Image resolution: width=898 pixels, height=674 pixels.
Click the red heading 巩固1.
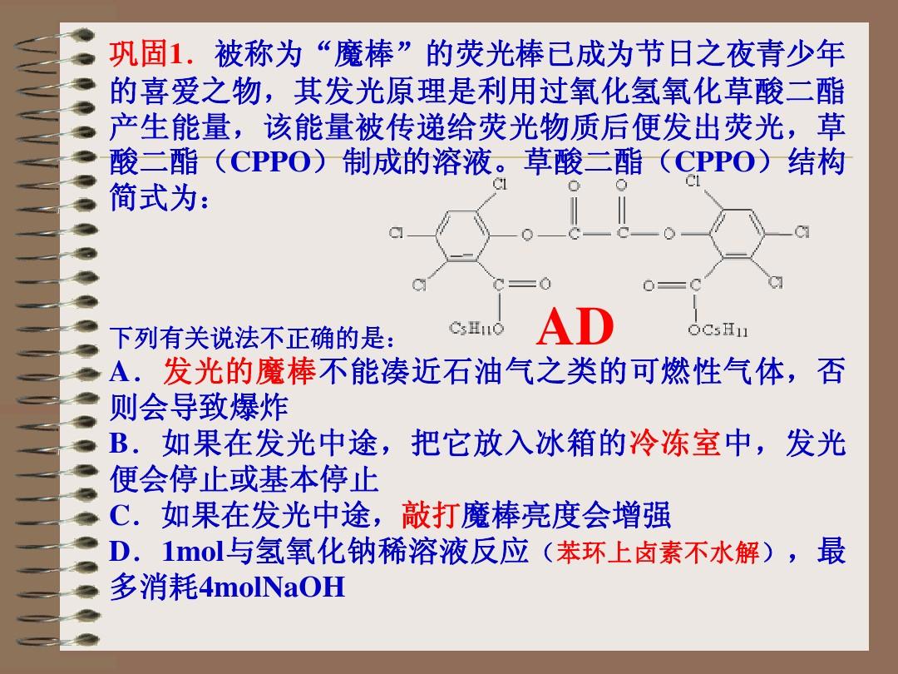click(x=146, y=56)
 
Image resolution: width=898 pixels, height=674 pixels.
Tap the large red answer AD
click(x=575, y=327)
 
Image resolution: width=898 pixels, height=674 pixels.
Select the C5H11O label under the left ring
click(x=476, y=329)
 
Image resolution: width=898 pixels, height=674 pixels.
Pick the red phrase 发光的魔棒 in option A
click(x=240, y=373)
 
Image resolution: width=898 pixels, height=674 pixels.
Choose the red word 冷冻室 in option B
click(x=674, y=444)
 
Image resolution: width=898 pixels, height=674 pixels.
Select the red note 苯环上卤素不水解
click(x=659, y=553)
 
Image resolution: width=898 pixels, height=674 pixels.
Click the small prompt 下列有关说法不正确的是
click(x=249, y=339)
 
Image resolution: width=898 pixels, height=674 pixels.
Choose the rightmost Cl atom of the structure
click(x=801, y=232)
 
